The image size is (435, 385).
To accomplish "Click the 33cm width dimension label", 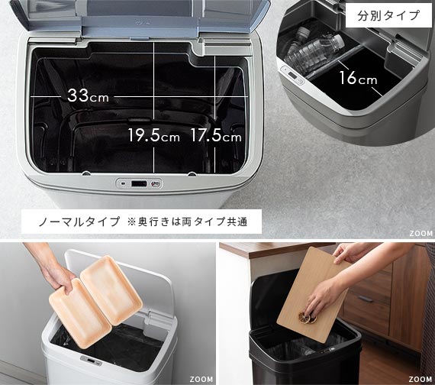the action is click(88, 95).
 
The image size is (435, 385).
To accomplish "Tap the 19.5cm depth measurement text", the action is click(153, 135).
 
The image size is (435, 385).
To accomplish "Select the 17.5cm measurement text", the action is click(216, 135).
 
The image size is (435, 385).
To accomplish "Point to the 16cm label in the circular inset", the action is click(358, 78).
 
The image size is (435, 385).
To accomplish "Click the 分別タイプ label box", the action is click(388, 15).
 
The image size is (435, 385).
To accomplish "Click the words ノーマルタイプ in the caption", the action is click(79, 222).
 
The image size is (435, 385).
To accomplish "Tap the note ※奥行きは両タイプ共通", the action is click(187, 222).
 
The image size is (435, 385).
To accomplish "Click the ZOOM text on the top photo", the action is click(420, 234).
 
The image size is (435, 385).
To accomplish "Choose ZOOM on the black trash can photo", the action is click(420, 379).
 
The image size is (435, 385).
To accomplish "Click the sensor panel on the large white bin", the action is click(139, 183).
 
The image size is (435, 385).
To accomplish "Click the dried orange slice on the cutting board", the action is click(308, 317).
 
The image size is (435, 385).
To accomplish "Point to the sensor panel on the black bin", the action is click(327, 351).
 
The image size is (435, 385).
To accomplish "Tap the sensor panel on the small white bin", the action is click(91, 361).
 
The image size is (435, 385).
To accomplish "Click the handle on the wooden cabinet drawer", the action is click(366, 299).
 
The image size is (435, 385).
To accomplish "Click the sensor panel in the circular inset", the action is click(293, 76).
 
